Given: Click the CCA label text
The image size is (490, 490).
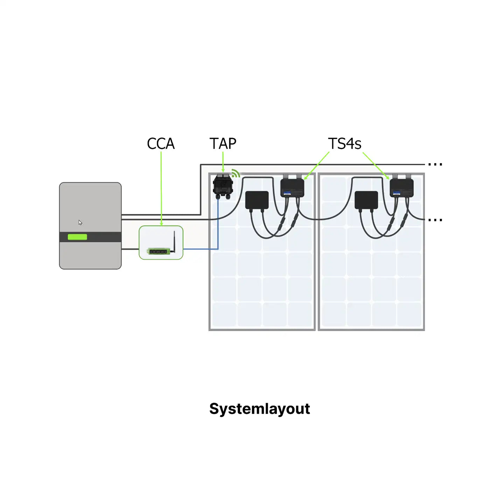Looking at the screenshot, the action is coord(161,143).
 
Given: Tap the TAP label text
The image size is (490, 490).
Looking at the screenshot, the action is coord(223,143).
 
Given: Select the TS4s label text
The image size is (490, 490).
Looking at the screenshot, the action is coord(344,143).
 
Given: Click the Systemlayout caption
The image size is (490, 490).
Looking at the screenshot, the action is coord(260,409).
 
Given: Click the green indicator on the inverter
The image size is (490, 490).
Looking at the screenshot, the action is coord(77,237).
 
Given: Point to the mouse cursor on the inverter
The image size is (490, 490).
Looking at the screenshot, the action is coord(80,223).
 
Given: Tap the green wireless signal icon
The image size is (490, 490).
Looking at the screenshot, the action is coord(236,173).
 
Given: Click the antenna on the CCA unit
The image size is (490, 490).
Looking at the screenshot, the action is coord(174,241).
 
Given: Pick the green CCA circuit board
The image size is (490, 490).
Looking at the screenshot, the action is coord(157,252).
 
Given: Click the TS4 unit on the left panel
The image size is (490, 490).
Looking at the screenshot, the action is coord(292,186).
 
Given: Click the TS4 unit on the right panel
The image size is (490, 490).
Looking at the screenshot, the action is coord(401,186).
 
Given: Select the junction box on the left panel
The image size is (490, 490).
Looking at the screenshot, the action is coord(257,200).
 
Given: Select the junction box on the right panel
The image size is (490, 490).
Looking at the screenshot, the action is coord(366,200).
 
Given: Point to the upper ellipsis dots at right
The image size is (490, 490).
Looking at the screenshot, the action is coord(435,164).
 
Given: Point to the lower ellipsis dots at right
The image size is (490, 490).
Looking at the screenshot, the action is coord(435,220).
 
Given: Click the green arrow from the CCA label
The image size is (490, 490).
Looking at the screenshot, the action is coord(161,189).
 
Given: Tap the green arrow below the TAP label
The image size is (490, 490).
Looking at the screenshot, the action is coord(223,162).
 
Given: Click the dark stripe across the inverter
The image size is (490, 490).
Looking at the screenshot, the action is coord(90,237).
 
